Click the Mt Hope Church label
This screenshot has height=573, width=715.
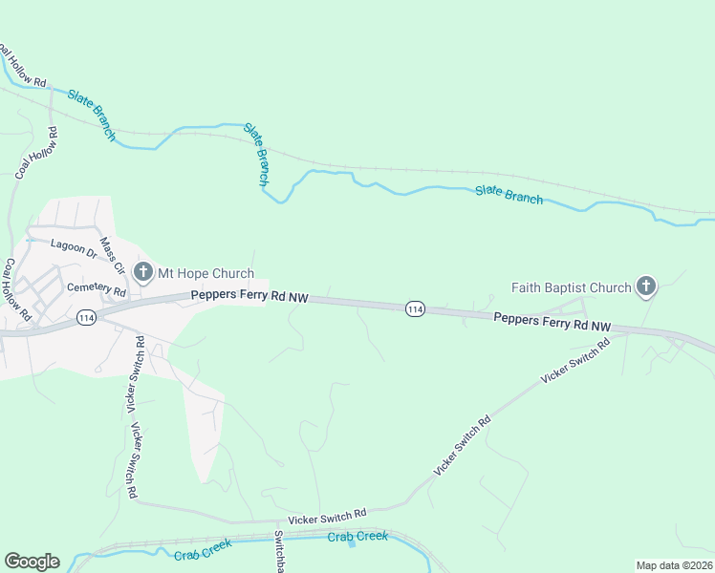click(206, 273)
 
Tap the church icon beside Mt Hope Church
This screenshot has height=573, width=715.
click(143, 273)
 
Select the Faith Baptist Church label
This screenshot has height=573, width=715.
click(572, 286)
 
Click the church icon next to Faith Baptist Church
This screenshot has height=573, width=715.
click(646, 286)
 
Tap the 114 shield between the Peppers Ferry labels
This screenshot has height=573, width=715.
click(415, 308)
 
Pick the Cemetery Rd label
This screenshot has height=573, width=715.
click(95, 289)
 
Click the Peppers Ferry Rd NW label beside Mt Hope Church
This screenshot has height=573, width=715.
click(249, 297)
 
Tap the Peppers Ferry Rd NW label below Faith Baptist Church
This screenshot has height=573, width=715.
click(552, 321)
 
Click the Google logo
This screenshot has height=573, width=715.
click(32, 562)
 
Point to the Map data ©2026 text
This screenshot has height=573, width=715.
click(674, 565)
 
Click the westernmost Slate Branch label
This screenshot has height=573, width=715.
click(92, 116)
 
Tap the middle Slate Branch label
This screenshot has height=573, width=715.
click(257, 153)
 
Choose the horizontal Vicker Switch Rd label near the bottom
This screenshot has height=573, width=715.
click(328, 514)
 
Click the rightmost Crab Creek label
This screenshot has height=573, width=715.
click(357, 537)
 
